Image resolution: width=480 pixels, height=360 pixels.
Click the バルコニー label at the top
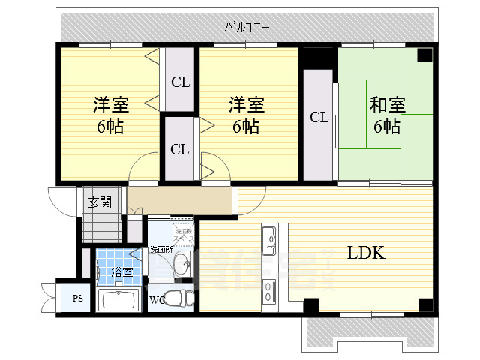247,28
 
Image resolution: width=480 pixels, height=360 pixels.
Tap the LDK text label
365,253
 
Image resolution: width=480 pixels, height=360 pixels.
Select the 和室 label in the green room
386,106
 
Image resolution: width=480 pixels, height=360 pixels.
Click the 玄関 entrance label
99,201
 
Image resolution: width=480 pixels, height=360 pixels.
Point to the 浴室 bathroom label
121,272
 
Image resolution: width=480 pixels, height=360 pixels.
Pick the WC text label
157,301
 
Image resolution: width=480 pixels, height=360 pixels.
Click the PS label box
77,299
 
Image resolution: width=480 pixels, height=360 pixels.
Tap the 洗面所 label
160,249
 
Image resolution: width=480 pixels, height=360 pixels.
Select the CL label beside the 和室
319,117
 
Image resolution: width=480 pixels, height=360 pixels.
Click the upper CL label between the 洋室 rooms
180,82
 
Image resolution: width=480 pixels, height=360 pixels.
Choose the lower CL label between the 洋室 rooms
180,148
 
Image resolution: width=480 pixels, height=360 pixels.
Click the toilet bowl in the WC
178,298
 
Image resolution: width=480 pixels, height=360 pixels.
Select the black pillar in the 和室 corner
424,55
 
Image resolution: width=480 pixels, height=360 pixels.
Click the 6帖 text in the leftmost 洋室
109,126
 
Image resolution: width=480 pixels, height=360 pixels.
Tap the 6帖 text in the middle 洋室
245,126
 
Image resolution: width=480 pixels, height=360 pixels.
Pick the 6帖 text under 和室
386,126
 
